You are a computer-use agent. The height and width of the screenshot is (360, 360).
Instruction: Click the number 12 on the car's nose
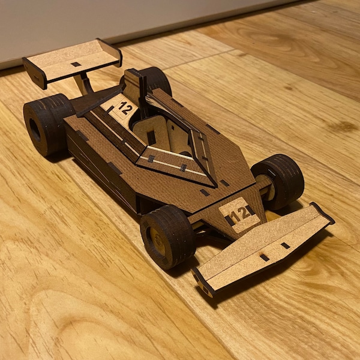239,214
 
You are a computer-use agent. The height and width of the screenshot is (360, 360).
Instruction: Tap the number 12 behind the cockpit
125,109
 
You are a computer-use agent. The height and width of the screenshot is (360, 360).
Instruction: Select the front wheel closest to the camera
168,236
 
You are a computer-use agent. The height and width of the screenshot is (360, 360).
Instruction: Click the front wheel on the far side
279,181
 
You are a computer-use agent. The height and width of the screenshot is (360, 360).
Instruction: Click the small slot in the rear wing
76,64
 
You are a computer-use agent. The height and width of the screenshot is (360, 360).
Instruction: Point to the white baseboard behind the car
90,24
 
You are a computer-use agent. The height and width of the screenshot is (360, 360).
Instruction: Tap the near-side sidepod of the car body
102,168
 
